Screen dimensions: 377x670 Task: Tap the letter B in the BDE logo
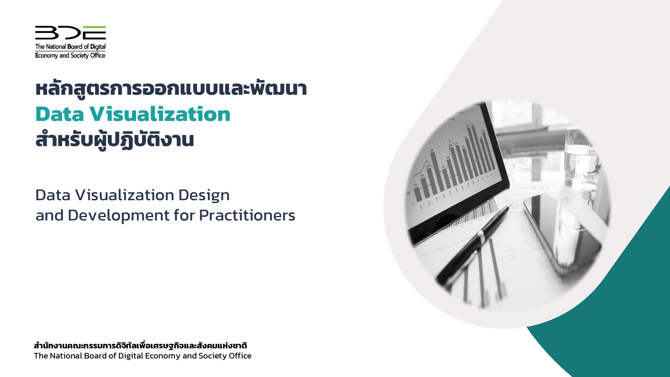tap(47, 32)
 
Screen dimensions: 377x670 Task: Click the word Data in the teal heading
tap(60, 114)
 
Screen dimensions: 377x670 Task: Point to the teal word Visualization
tap(160, 114)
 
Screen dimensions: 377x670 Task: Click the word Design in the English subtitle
tap(204, 195)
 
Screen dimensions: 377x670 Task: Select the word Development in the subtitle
tap(119, 215)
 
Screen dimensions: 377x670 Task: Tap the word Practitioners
tap(247, 215)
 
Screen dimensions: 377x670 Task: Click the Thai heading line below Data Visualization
tap(114, 140)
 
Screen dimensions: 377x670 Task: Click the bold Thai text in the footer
tap(140, 346)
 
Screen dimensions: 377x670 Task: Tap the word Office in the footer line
tap(240, 356)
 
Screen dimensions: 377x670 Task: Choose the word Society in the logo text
tap(80, 56)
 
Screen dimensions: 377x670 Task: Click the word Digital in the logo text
tap(98, 47)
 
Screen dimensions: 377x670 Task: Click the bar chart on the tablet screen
tap(454, 164)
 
